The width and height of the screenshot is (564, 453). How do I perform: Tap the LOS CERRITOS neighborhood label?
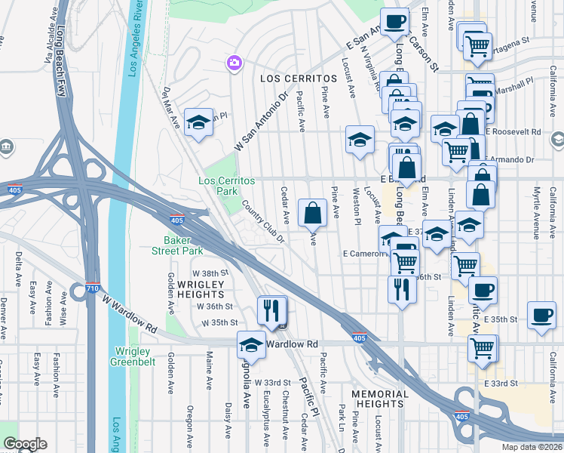coord(298,79)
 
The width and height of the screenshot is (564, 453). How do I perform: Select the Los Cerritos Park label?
coord(227,186)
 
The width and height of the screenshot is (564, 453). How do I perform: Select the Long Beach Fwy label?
coord(60,60)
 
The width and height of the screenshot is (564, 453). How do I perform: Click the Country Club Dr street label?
coord(262,220)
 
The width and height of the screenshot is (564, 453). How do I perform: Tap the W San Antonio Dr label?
coord(262,121)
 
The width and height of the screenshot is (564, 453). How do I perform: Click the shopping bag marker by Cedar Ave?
coord(312,213)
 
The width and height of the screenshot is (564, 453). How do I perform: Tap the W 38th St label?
coord(210,273)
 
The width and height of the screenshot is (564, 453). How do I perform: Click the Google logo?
coord(25,444)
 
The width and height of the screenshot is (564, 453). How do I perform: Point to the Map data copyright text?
coord(532,447)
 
